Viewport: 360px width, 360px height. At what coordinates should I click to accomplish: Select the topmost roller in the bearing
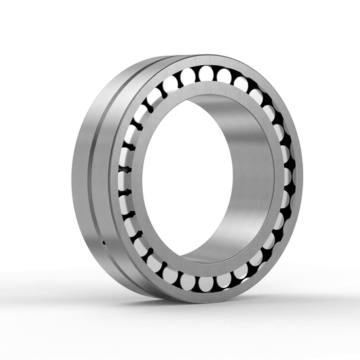208,71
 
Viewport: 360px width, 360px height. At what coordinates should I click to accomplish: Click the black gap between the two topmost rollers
217,72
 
